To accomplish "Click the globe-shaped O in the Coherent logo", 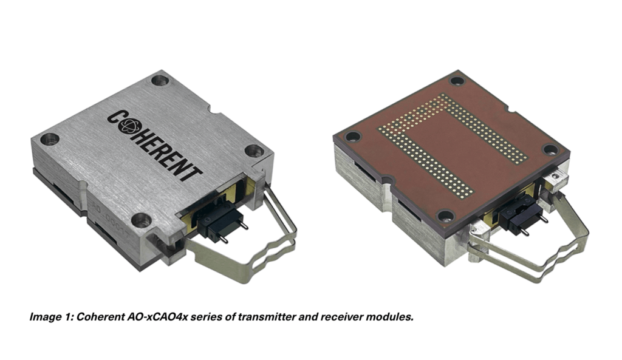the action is (x=131, y=126).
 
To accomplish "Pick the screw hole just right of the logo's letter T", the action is (x=252, y=151).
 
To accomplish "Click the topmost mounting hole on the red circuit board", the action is (x=457, y=81).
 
